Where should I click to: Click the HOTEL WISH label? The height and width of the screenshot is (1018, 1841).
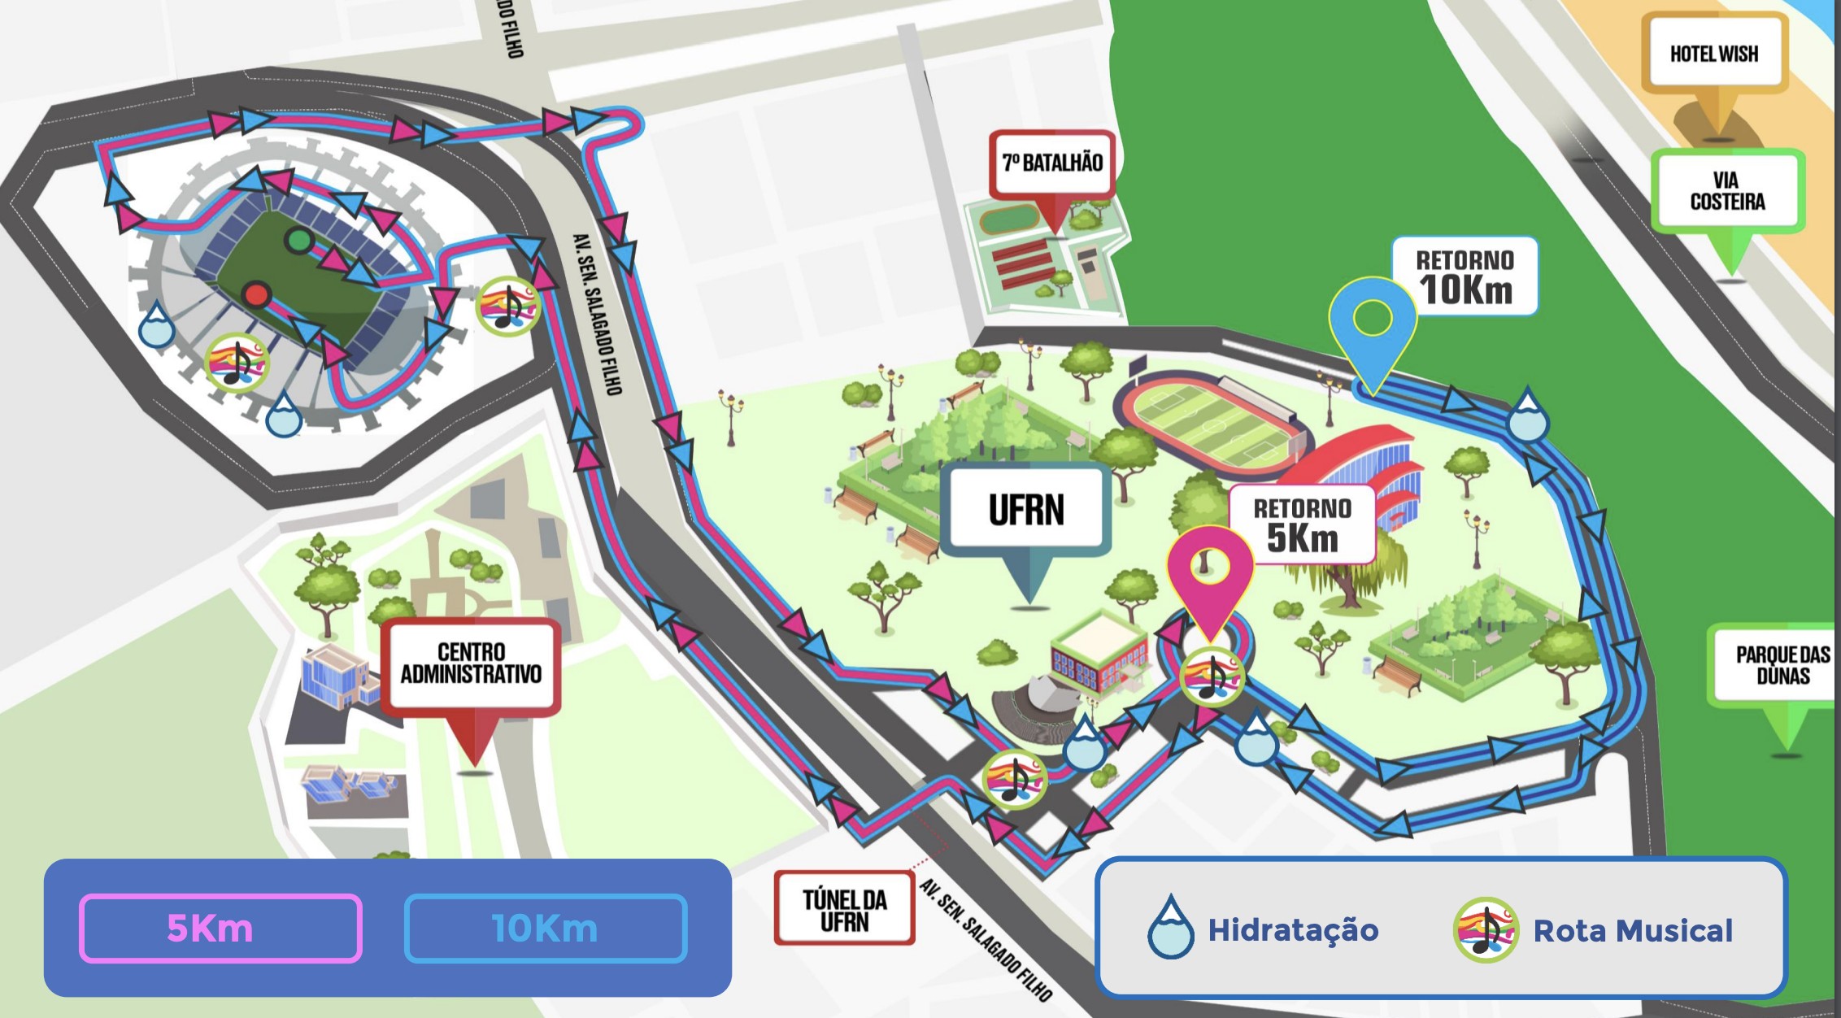point(1713,54)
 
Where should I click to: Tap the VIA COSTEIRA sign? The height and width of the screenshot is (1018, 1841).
point(1727,191)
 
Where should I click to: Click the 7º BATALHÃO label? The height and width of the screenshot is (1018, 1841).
point(1052,163)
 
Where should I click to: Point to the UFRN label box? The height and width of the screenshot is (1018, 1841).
point(1026,510)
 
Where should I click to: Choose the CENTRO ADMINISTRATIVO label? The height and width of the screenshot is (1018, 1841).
point(471,663)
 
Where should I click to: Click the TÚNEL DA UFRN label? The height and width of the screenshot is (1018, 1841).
point(844,909)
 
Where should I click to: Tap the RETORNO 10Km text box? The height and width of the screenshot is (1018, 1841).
point(1465,276)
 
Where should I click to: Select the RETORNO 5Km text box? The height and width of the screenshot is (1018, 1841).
point(1302,525)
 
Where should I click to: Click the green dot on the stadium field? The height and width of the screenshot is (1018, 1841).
point(299,240)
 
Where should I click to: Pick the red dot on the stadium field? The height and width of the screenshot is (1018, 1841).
point(257,294)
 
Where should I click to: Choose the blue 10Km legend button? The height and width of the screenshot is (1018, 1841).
point(546,928)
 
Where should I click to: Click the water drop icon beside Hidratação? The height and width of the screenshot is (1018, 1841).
point(1170,928)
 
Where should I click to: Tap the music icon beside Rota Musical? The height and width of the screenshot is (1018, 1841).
point(1485,929)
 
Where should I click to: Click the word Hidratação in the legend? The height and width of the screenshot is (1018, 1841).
point(1293,929)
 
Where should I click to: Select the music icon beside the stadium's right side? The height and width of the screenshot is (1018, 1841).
point(507,306)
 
